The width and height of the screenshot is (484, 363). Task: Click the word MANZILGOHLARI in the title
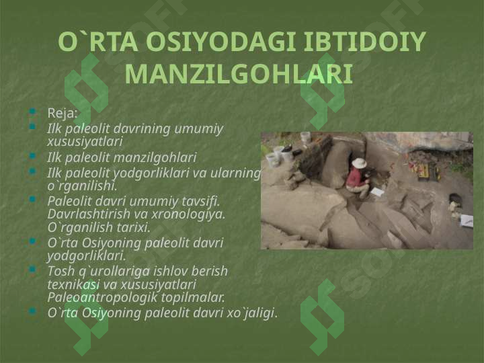pos(239,74)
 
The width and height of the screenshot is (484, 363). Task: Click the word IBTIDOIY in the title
pos(365,42)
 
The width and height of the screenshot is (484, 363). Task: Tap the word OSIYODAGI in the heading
pos(221,42)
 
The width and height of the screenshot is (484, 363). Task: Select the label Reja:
pos(62,113)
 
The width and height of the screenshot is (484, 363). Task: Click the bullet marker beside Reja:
pos(32,111)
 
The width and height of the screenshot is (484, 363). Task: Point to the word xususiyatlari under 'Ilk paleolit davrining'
pos(85,142)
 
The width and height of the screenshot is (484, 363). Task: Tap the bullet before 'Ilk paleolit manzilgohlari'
pos(32,156)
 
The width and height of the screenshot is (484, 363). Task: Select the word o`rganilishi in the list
pos(82,186)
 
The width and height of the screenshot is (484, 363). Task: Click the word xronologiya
pos(188,214)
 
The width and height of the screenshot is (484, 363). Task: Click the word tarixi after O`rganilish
pos(133,227)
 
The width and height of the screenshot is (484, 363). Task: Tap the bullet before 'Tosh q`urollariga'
pos(32,270)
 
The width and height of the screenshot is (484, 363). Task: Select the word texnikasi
pos(73,284)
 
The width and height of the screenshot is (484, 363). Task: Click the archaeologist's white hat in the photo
pos(359,163)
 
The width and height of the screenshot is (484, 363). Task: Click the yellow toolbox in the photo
pos(428,172)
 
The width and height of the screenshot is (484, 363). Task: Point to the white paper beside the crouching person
pos(377,193)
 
